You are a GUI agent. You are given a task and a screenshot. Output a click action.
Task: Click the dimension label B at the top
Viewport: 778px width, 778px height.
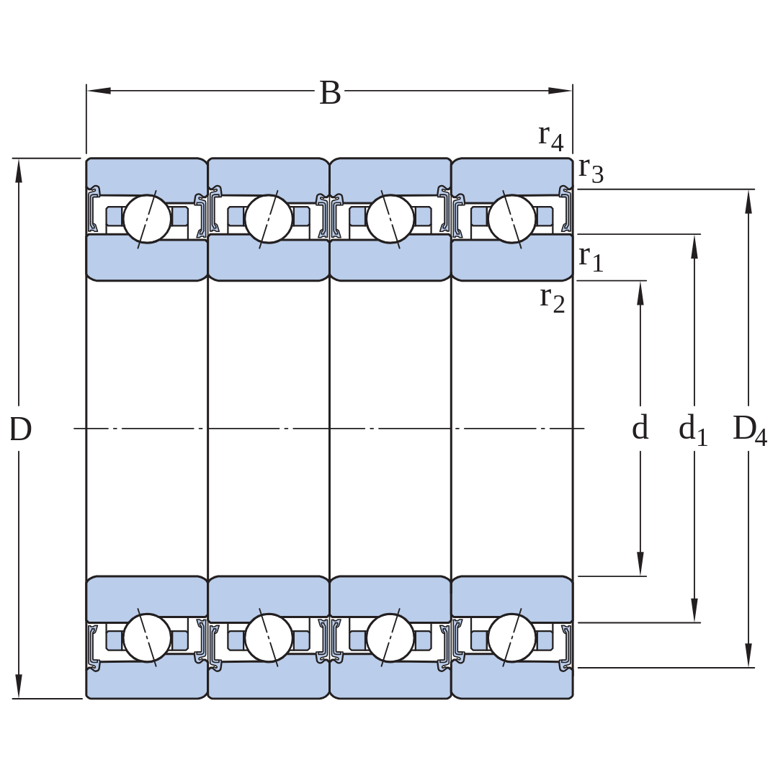coord(330,93)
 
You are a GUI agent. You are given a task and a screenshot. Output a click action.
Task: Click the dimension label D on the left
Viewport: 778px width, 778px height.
coord(21,429)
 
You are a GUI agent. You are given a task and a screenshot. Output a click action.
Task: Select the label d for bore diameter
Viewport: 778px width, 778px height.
coord(640,427)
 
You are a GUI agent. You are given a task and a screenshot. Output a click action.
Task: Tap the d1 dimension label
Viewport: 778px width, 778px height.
coord(693,429)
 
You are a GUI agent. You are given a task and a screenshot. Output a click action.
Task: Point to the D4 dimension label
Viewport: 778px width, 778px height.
coord(750,429)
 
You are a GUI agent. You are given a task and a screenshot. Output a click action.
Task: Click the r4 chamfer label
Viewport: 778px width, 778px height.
coord(551,137)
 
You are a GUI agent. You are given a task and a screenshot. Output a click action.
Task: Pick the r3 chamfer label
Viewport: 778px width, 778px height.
coord(591,170)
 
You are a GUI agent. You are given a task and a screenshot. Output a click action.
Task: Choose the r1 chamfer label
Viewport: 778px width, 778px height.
coord(591,259)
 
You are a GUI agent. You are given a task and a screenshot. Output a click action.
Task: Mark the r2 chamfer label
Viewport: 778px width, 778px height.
coord(553,300)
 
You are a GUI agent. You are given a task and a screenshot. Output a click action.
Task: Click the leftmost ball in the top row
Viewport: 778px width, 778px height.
coord(147,219)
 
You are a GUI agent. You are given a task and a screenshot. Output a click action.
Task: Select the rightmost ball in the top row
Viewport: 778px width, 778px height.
coord(512,219)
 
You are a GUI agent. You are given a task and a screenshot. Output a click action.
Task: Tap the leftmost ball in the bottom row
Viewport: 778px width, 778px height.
coord(147,638)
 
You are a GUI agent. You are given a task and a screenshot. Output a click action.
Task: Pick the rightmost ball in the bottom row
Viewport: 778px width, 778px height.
coord(512,638)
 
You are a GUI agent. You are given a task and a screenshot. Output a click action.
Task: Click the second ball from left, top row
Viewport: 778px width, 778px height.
coord(269,219)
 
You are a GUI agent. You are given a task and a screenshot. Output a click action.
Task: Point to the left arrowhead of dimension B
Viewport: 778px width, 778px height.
coord(99,91)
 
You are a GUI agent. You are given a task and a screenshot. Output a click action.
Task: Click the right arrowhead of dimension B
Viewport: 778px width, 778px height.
coord(560,91)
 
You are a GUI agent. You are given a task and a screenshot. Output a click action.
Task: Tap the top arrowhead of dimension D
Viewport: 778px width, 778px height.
coord(19,171)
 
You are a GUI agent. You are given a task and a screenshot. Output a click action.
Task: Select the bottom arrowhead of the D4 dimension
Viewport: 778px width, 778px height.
coord(748,656)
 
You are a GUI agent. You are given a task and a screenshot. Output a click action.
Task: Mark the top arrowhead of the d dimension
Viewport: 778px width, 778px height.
coord(640,293)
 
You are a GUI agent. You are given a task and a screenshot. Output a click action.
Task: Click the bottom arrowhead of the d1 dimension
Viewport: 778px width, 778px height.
coord(694,610)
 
